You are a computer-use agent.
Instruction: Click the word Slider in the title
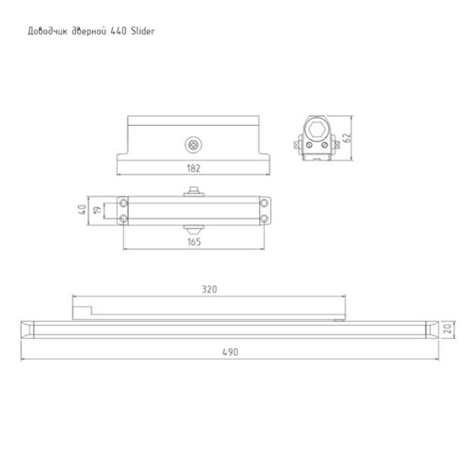(x=143, y=31)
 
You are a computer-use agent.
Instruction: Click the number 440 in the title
(x=118, y=31)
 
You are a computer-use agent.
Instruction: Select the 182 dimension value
(x=193, y=169)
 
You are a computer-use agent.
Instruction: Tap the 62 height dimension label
(x=347, y=138)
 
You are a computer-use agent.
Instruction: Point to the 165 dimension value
(x=193, y=242)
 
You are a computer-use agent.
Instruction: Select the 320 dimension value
(x=209, y=289)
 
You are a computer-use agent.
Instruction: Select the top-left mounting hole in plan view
(x=123, y=202)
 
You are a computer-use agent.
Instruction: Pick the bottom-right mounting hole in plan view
(x=265, y=219)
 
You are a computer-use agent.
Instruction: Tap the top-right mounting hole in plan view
(x=265, y=202)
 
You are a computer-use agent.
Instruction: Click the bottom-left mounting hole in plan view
(x=123, y=219)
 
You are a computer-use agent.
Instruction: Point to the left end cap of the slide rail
(x=29, y=330)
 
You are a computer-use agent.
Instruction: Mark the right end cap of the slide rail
(x=430, y=330)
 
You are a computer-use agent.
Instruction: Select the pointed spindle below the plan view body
(x=193, y=230)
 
